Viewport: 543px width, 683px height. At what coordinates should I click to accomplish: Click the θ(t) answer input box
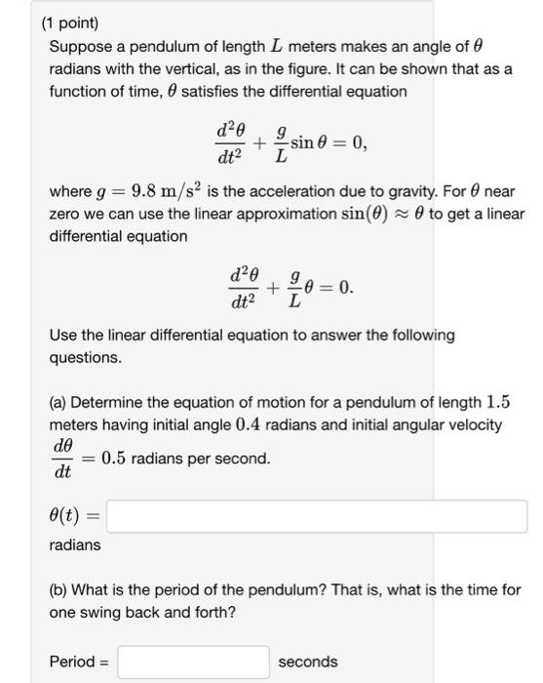click(x=317, y=515)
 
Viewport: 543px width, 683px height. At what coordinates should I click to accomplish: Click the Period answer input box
click(x=193, y=662)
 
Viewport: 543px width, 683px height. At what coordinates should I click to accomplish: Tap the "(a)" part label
click(x=58, y=403)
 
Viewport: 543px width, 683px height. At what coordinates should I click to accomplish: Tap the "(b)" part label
click(x=58, y=590)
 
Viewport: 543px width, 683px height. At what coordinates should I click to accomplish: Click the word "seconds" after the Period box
click(x=308, y=662)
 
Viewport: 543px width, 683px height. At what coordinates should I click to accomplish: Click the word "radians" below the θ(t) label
click(x=75, y=545)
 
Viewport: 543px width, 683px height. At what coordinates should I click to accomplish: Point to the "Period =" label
click(x=79, y=662)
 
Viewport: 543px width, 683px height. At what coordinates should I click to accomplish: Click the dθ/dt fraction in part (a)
click(x=63, y=459)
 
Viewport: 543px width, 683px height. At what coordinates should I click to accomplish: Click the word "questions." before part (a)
click(x=86, y=357)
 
